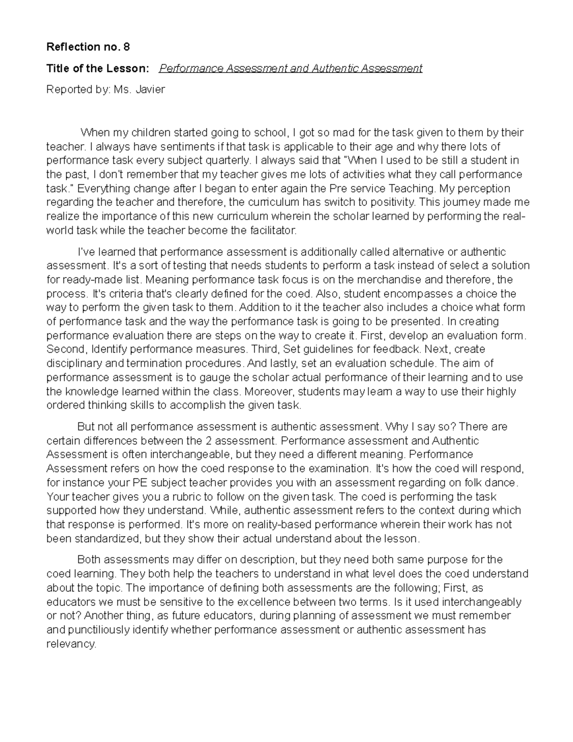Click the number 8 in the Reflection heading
click(126, 47)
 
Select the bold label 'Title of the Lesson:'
click(98, 68)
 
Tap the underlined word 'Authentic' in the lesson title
click(334, 68)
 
